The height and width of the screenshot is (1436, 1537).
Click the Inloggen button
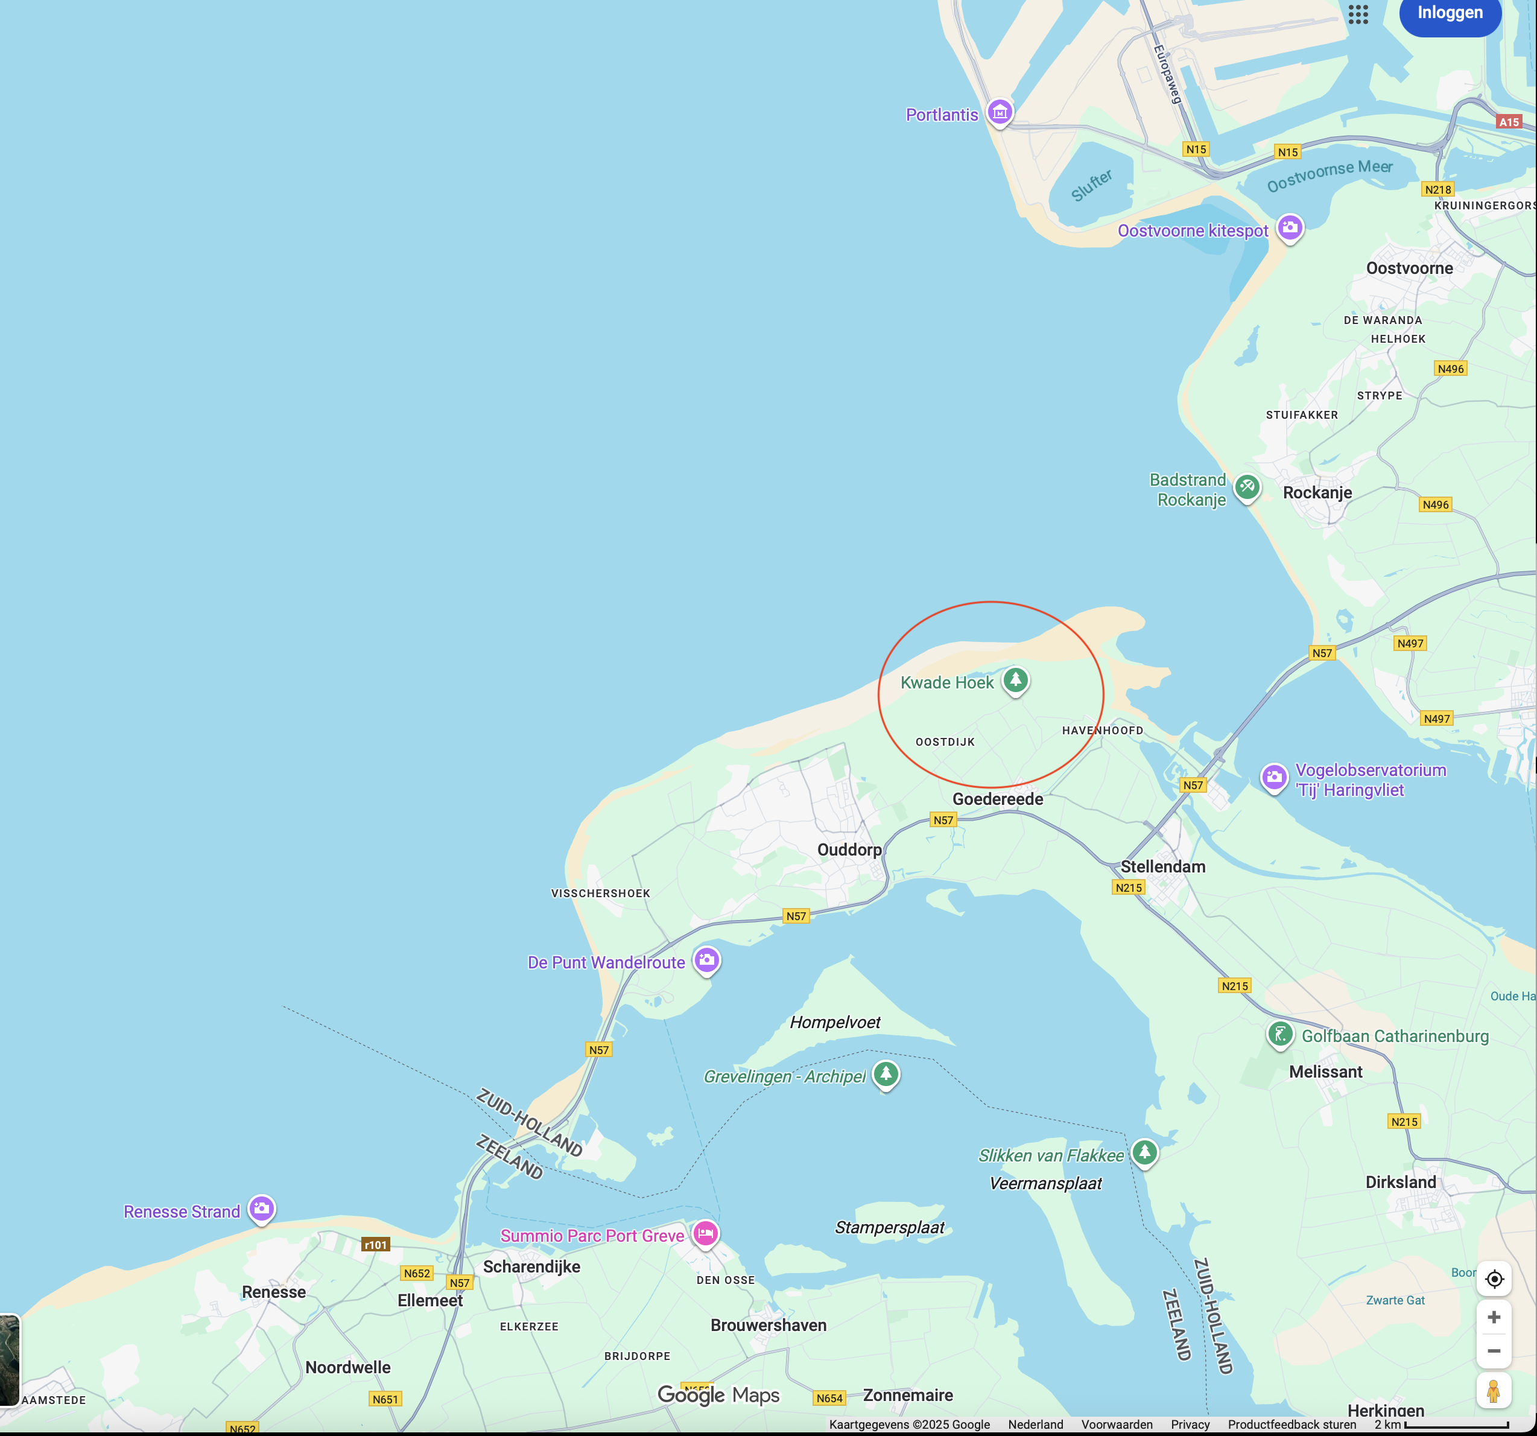click(x=1450, y=13)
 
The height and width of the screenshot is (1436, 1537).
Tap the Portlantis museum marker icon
click(x=1000, y=112)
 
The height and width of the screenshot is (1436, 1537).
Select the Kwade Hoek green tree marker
click(x=1015, y=681)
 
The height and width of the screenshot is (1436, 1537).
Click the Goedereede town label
click(x=997, y=799)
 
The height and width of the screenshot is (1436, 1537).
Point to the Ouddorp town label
click(x=849, y=850)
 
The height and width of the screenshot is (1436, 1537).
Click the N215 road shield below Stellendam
click(x=1129, y=888)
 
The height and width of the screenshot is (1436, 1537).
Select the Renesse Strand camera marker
click(x=261, y=1208)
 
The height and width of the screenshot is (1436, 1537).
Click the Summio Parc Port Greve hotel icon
click(x=705, y=1233)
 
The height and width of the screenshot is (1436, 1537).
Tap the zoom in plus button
click(x=1494, y=1317)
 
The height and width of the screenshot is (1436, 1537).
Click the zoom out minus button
click(x=1494, y=1351)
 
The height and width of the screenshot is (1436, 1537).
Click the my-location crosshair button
click(x=1494, y=1279)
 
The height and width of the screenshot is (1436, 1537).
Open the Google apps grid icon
click(x=1358, y=14)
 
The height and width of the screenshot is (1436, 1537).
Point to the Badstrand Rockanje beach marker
click(x=1246, y=487)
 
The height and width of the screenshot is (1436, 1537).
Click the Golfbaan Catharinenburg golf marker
click(x=1279, y=1034)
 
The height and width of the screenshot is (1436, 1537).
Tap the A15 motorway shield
click(x=1509, y=121)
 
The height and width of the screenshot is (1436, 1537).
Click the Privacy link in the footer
click(x=1190, y=1425)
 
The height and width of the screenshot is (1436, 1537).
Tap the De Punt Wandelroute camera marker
click(x=706, y=960)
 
